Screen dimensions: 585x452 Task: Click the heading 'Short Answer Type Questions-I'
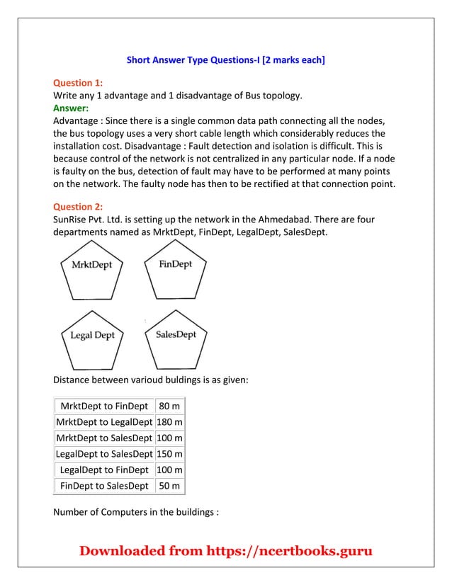tap(225, 60)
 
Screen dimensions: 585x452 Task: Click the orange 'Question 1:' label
tap(78, 83)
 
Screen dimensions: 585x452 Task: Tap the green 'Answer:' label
tap(71, 108)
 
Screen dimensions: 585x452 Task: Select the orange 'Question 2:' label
tap(78, 207)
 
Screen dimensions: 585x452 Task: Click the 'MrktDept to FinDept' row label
tap(104, 406)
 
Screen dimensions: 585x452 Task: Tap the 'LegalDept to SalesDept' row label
tap(104, 454)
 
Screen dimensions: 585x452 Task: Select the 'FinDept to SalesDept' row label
tap(104, 486)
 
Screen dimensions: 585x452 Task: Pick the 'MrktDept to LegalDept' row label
tap(104, 422)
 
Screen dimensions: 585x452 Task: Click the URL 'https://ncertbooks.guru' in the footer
tap(288, 551)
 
